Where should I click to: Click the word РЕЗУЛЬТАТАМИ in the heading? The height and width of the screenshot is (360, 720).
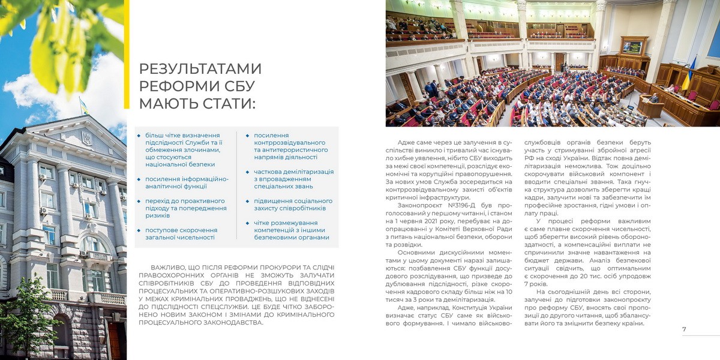200,68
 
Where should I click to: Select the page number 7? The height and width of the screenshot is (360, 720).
684,329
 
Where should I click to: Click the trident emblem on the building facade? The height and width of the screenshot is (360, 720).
86,139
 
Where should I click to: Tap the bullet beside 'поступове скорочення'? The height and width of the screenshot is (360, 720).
139,230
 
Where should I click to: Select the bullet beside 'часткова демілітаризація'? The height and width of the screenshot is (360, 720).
248,172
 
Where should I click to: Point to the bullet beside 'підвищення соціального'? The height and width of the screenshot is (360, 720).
248,200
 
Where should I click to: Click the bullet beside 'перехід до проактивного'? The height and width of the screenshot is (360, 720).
139,200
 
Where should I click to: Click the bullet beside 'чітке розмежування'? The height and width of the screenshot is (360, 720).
248,223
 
